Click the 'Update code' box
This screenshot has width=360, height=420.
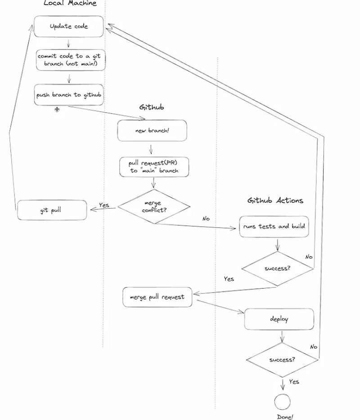[x=69, y=26]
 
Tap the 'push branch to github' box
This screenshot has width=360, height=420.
[x=69, y=95]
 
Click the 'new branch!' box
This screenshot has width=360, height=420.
[x=152, y=130]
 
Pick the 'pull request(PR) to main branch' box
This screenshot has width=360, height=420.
[x=154, y=166]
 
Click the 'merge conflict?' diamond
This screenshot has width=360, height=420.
[x=154, y=207]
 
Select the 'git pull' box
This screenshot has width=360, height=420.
[x=52, y=210]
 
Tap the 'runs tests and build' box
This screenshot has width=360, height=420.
[x=274, y=226]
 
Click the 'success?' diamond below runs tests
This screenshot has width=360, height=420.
[x=277, y=269]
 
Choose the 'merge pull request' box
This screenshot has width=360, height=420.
[x=157, y=297]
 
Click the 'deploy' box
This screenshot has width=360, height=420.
[x=279, y=319]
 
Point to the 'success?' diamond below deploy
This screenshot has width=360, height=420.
[x=282, y=360]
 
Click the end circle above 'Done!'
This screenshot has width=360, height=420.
[x=283, y=401]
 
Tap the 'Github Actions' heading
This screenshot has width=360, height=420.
[x=275, y=201]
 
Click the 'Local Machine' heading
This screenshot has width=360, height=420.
[x=70, y=3]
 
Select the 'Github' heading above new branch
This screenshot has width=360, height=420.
[x=152, y=107]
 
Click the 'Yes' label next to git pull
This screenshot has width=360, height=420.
[x=104, y=205]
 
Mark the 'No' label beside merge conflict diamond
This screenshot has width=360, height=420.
[x=206, y=219]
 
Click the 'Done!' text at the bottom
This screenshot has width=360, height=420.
[x=285, y=417]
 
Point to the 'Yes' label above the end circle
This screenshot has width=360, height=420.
[x=294, y=381]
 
